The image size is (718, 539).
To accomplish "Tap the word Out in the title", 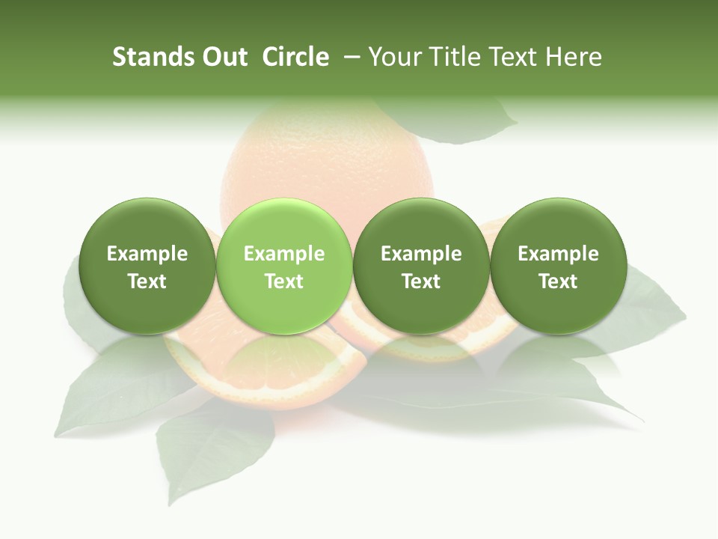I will coord(222,57).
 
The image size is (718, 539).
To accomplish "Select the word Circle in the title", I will coord(295,57).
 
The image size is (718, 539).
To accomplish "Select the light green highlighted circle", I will coord(283,266).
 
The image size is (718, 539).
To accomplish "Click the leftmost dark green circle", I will coord(147,266).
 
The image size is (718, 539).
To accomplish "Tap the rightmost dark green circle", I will coord(558,266).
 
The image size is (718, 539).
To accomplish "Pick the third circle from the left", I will coord(421,266).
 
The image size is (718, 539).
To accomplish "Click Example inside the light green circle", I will coord(284,254).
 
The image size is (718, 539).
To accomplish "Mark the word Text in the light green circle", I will coord(284,281).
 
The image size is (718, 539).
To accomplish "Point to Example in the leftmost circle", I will coord(147,254).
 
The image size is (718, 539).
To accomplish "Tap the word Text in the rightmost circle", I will coord(558,281).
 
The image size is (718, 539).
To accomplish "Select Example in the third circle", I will coord(421,254).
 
